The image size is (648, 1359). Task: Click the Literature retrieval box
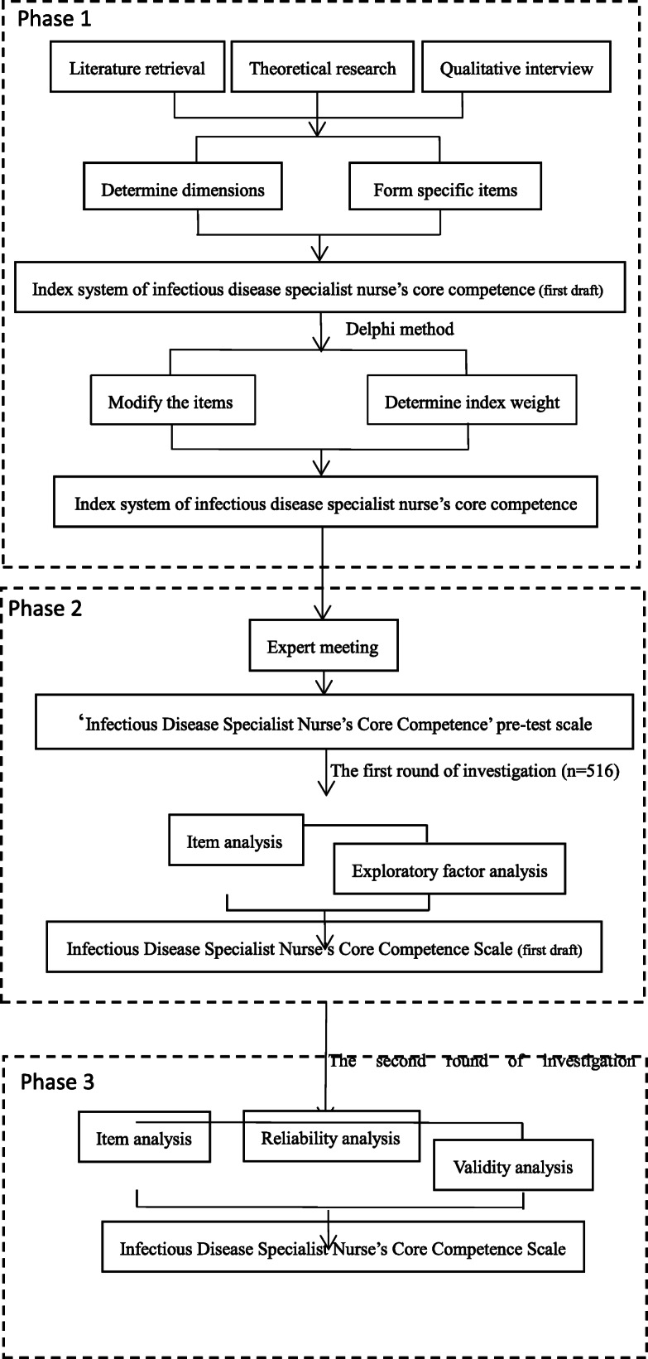click(137, 69)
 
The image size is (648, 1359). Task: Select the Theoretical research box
click(324, 69)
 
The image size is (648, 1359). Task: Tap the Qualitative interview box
click(516, 69)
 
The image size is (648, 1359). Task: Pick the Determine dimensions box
click(183, 190)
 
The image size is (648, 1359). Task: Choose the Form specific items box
click(445, 190)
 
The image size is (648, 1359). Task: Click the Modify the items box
click(170, 403)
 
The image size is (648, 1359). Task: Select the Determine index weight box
click(472, 403)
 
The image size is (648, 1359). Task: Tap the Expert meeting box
click(323, 647)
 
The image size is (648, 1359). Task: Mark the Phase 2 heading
click(47, 610)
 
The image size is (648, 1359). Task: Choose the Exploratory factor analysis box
click(449, 870)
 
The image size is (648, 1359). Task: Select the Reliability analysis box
click(330, 1138)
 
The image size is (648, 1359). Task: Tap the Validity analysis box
click(512, 1167)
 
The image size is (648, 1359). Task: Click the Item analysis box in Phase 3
click(143, 1138)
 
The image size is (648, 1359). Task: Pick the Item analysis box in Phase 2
click(235, 841)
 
